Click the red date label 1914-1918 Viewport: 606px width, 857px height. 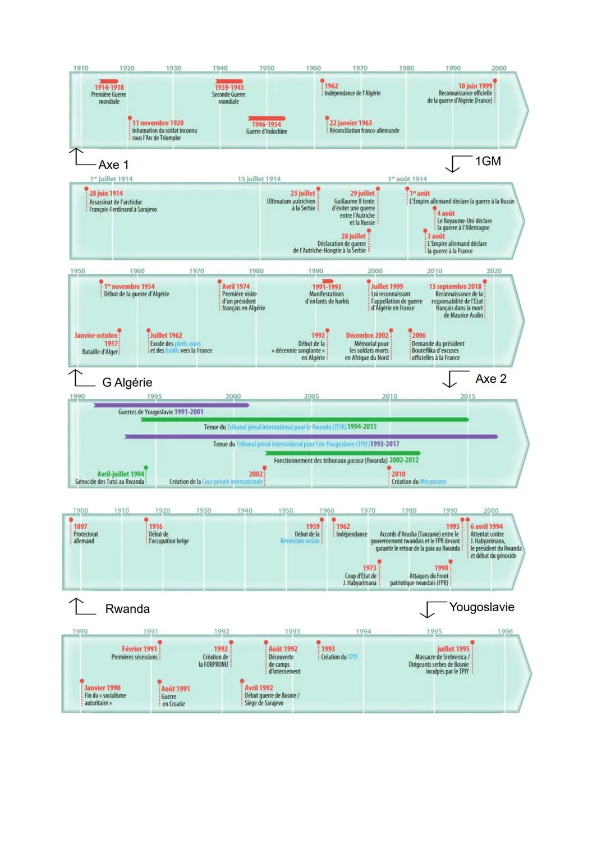pyautogui.click(x=109, y=88)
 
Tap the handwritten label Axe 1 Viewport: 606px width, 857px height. pyautogui.click(x=113, y=165)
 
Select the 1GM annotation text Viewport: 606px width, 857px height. pyautogui.click(x=488, y=161)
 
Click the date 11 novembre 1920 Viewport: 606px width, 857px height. pyautogui.click(x=158, y=123)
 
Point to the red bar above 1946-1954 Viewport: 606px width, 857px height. pyautogui.click(x=267, y=118)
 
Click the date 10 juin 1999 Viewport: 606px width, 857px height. pyautogui.click(x=475, y=86)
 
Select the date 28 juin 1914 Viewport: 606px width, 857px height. pyautogui.click(x=106, y=193)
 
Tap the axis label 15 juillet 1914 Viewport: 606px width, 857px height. pyautogui.click(x=259, y=179)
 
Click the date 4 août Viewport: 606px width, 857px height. pyautogui.click(x=446, y=213)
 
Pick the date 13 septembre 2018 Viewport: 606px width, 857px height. pyautogui.click(x=455, y=286)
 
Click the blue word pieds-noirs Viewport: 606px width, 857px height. pyautogui.click(x=187, y=343)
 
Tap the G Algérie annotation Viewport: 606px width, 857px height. pyautogui.click(x=127, y=382)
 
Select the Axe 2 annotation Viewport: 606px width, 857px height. pyautogui.click(x=490, y=379)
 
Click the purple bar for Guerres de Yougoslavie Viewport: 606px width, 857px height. pyautogui.click(x=171, y=405)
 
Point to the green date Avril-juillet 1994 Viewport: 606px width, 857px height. pyautogui.click(x=121, y=474)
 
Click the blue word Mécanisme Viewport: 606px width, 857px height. pyautogui.click(x=433, y=482)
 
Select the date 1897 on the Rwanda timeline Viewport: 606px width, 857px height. pyautogui.click(x=80, y=526)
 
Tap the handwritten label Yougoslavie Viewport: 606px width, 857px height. pyautogui.click(x=481, y=607)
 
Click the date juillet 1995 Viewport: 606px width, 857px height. pyautogui.click(x=453, y=649)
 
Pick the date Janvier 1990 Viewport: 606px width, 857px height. pyautogui.click(x=102, y=688)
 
